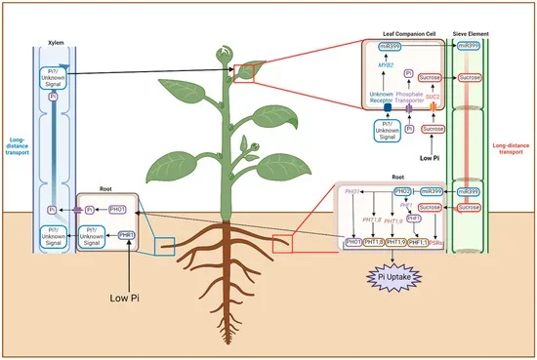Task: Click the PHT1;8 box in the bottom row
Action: click(x=374, y=241)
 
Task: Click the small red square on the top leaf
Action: click(x=243, y=74)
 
